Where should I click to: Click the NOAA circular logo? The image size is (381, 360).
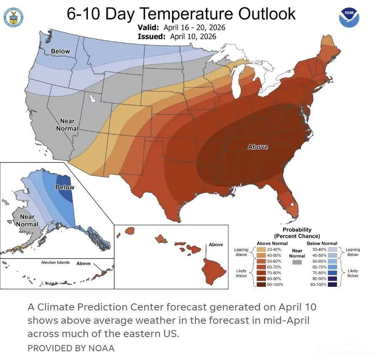coord(349,17)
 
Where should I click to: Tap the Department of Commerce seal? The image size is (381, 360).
coord(13,17)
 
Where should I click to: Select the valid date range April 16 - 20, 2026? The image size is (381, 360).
coord(194,28)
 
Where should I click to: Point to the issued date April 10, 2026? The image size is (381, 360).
coord(193,37)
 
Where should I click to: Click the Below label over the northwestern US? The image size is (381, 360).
coord(60,51)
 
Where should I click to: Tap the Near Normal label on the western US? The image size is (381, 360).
coord(67,125)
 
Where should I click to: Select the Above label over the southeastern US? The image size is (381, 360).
coord(258,147)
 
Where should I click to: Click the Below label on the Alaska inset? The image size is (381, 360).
coord(65,187)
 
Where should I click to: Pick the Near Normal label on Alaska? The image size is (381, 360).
coord(27,221)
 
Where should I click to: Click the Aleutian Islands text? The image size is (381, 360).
coord(55,263)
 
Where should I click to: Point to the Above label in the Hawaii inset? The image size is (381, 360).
coord(216,244)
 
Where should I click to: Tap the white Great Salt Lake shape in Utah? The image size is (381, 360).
coord(92,99)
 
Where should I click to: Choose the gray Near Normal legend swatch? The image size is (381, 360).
coord(297,263)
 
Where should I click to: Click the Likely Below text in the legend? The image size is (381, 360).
coord(353,273)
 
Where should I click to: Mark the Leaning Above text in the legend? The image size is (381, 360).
coord(241,252)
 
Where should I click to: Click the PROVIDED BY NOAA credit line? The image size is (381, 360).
coord(71,348)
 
